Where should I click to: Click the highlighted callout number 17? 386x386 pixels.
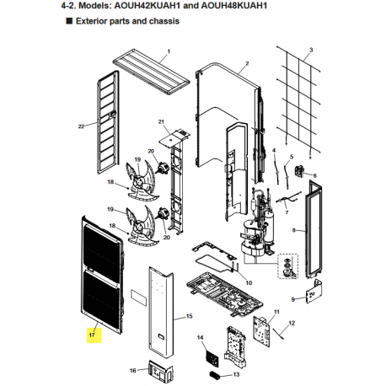pyautogui.click(x=92, y=335)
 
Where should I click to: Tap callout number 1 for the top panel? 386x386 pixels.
pyautogui.click(x=169, y=51)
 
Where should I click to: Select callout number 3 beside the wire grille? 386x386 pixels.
pyautogui.click(x=311, y=50)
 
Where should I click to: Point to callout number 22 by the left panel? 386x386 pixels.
pyautogui.click(x=81, y=126)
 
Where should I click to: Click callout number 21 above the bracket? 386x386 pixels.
pyautogui.click(x=161, y=121)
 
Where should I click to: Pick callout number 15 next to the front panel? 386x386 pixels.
pyautogui.click(x=190, y=316)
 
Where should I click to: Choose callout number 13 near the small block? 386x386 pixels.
pyautogui.click(x=236, y=374)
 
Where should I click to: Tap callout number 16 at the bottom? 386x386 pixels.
pyautogui.click(x=133, y=371)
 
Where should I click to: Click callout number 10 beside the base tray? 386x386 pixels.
pyautogui.click(x=249, y=282)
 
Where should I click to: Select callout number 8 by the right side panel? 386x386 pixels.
pyautogui.click(x=294, y=230)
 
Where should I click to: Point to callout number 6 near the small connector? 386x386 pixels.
pyautogui.click(x=314, y=175)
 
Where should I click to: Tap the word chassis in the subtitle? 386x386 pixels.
pyautogui.click(x=164, y=21)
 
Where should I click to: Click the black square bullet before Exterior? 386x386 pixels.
pyautogui.click(x=69, y=21)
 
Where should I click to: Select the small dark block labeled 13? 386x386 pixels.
pyautogui.click(x=216, y=374)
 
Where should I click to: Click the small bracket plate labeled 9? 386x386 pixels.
pyautogui.click(x=314, y=292)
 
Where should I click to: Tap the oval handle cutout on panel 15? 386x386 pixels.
pyautogui.click(x=162, y=335)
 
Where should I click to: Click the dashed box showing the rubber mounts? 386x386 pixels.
pyautogui.click(x=288, y=265)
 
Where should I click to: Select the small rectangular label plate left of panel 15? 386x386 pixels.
pyautogui.click(x=139, y=298)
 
